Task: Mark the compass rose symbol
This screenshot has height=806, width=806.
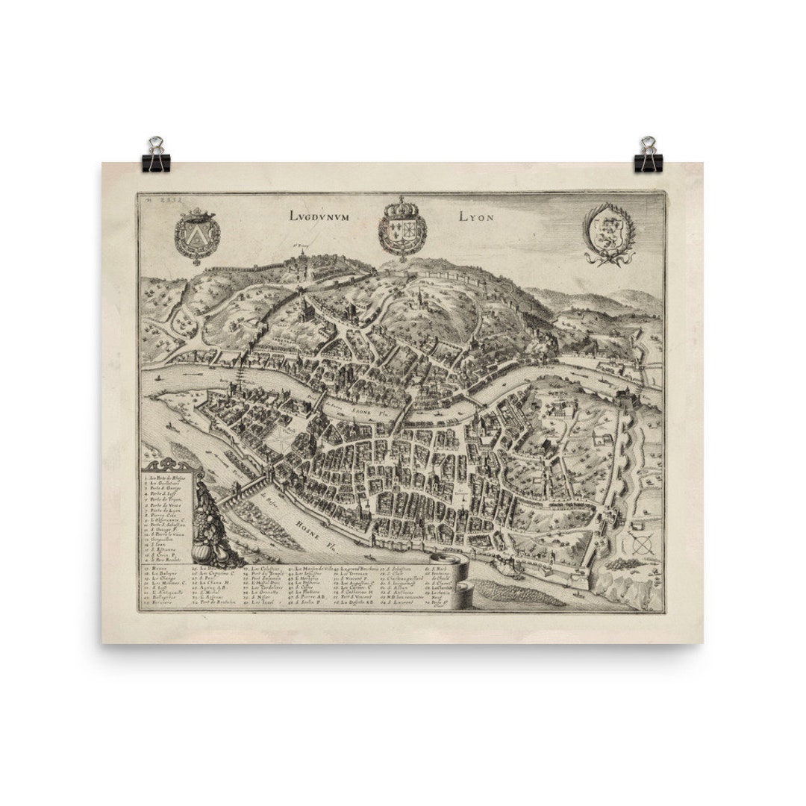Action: [x=640, y=545]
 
